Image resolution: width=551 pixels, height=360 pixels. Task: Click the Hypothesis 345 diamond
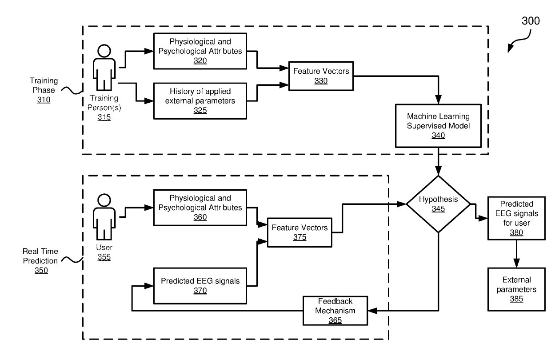[439, 204]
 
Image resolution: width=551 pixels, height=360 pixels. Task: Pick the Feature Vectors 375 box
[299, 232]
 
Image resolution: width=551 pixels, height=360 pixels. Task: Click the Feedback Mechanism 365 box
[336, 310]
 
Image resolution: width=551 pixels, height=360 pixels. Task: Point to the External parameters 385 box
[516, 289]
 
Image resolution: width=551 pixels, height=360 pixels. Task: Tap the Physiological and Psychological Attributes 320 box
[200, 51]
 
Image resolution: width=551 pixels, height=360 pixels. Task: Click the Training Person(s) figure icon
[104, 71]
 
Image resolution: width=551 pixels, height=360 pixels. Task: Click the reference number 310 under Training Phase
[44, 100]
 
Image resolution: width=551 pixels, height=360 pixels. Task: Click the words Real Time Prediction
[41, 256]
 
